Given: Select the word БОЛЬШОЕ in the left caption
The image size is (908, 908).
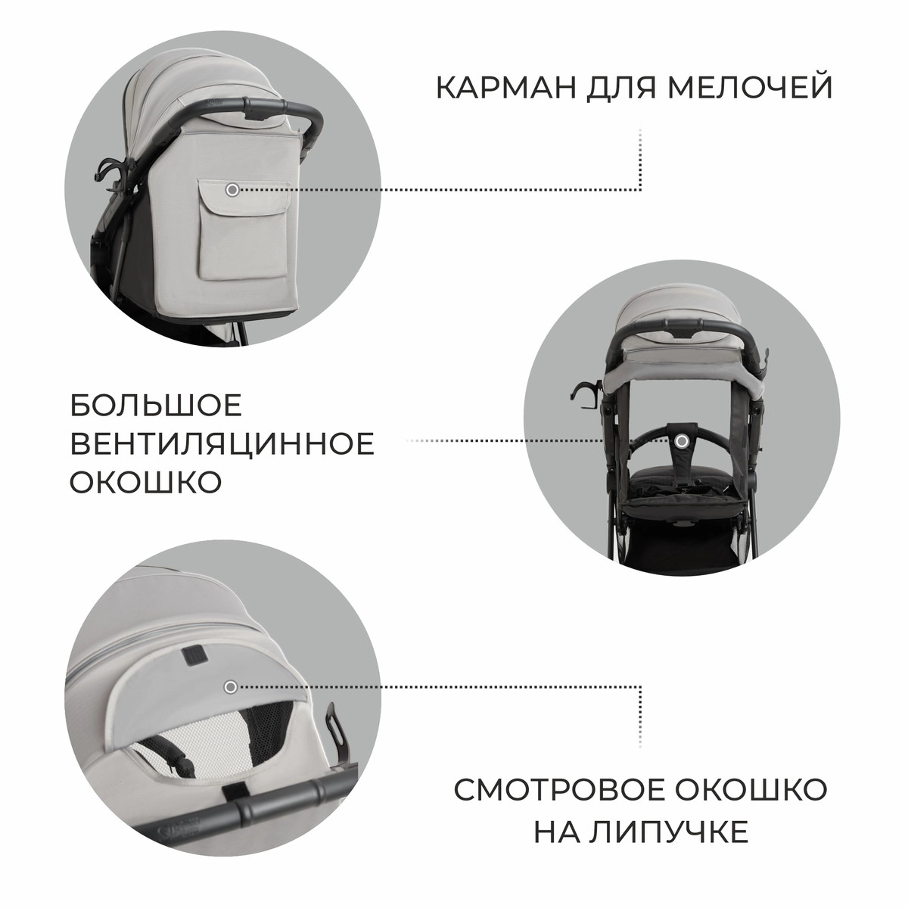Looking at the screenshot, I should tap(156, 406).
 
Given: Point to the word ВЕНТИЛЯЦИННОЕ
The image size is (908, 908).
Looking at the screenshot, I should tap(222, 444).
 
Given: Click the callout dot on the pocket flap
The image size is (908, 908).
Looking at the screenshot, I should tap(232, 190).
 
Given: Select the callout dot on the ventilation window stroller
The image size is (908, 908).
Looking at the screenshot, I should tap(683, 440).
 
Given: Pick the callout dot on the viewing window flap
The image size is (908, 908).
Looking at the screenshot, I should tap(231, 686).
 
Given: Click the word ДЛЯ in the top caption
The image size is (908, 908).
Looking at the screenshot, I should tap(611, 87).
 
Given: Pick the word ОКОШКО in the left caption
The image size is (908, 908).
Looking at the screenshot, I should tap(145, 482).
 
